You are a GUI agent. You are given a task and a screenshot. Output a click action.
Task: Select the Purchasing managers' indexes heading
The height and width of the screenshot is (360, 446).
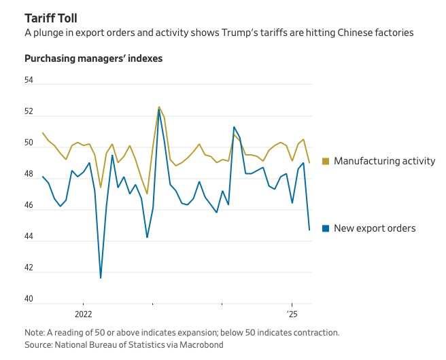93,58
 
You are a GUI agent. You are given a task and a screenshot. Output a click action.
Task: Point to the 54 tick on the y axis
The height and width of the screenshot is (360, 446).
29,81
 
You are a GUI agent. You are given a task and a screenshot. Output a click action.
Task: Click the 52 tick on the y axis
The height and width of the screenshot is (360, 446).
29,112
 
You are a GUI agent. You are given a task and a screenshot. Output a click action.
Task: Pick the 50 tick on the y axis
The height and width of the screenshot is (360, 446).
29,143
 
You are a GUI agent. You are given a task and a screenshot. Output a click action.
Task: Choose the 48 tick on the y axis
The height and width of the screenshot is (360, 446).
29,175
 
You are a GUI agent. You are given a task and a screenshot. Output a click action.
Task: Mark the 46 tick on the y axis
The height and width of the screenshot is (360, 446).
29,206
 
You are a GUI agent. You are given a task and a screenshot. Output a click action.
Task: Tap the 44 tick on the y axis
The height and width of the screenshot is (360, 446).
29,237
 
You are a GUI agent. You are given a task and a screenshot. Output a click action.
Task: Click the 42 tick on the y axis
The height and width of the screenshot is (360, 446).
29,268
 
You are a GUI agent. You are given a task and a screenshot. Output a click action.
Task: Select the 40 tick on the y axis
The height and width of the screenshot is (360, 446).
29,300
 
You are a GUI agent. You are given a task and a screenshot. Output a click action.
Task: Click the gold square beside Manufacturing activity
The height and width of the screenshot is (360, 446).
326,161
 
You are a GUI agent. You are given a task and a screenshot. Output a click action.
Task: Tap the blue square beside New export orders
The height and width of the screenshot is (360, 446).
326,228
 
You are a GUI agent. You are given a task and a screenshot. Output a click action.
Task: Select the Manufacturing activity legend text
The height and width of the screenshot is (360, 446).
384,161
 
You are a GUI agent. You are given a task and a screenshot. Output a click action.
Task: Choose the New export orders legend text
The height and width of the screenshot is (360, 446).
375,228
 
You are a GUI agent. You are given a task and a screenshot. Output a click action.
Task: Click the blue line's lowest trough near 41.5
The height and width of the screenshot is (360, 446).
101,277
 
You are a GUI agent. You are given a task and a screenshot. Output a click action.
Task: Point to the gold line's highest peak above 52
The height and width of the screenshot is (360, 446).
158,107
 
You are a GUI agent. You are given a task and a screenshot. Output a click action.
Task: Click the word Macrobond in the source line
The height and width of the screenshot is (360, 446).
201,345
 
